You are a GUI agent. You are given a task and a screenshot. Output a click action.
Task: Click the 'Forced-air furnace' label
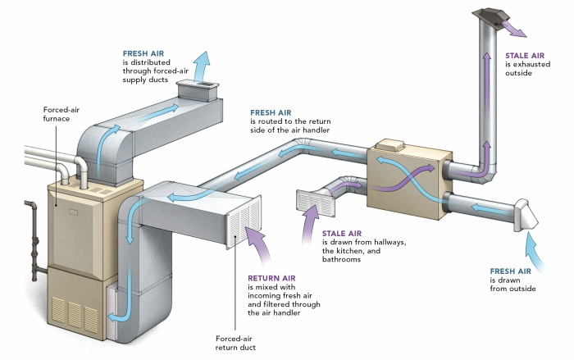[x=60, y=114]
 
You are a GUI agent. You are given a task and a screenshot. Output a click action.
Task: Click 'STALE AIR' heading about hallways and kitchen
[x=344, y=234]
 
